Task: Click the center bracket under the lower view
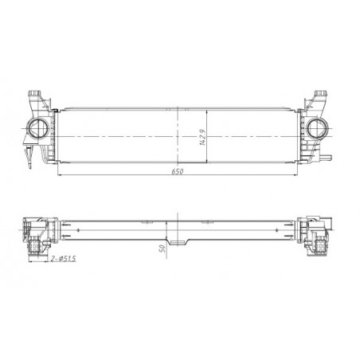coord(178,239)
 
